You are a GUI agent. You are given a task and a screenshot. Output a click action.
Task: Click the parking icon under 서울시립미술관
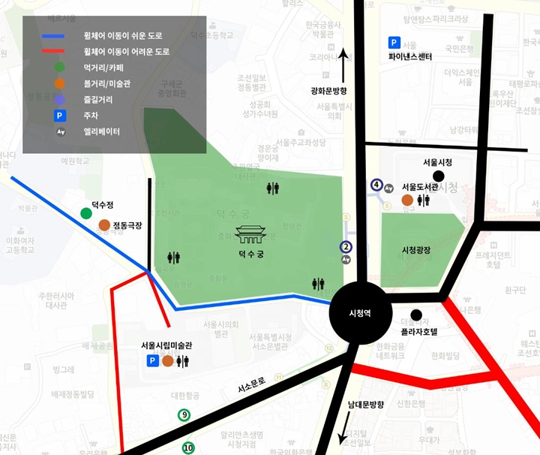point(152,361)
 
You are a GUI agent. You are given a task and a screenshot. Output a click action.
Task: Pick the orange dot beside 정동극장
point(103,225)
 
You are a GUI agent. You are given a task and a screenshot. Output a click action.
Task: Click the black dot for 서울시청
point(438,175)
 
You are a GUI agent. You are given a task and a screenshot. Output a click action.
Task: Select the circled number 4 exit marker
point(377,185)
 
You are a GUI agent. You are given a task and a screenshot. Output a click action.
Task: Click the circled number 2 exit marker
point(346,246)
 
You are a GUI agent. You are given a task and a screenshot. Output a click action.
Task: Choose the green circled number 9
point(184,415)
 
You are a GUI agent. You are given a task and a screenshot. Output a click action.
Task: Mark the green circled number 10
point(187,448)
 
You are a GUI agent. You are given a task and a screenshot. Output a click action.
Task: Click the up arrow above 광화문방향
point(343,66)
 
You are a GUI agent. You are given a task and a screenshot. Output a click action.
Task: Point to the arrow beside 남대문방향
point(346,429)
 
